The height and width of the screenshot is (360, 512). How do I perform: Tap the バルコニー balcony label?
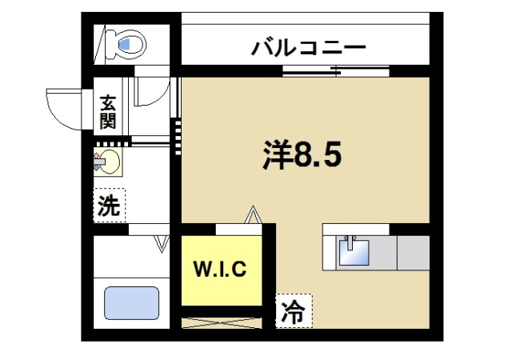tap(309, 47)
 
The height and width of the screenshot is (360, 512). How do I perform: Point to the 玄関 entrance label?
tap(108, 113)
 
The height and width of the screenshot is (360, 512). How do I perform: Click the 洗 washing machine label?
tap(109, 206)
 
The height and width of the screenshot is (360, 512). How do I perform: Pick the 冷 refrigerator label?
tap(294, 313)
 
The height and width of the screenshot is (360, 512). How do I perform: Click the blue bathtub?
tap(131, 303)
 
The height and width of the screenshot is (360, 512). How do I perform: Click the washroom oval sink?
tap(109, 162)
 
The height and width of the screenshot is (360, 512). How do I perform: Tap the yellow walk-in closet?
tap(221, 272)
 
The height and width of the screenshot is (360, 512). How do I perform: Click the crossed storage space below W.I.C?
tap(222, 322)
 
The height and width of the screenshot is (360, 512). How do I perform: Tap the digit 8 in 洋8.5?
tap(307, 155)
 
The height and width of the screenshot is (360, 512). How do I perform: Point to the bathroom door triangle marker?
tap(162, 242)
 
